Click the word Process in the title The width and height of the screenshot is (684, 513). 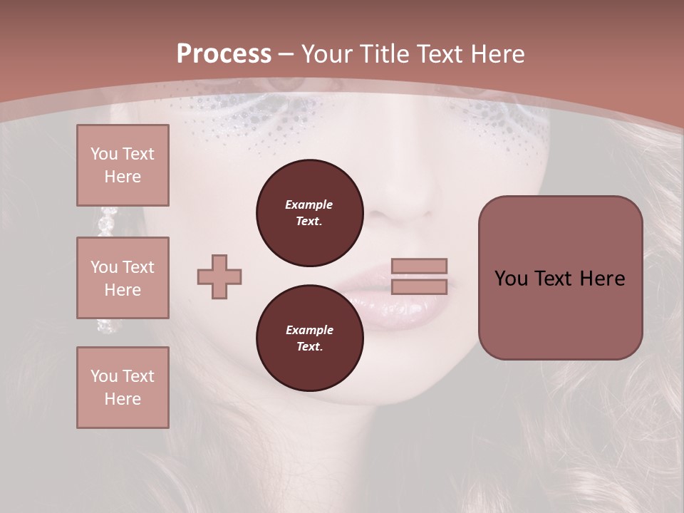(224, 54)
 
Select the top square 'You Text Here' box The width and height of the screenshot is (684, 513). (123, 165)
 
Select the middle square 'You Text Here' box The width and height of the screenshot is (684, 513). (123, 278)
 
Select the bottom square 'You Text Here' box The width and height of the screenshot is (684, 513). (123, 388)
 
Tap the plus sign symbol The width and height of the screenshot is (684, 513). (219, 276)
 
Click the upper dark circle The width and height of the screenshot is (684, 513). (309, 213)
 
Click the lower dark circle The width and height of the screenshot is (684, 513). (309, 338)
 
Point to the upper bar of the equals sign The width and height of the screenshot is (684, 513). (419, 266)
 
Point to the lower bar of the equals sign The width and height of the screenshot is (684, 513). (419, 286)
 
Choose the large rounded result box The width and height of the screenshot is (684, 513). (560, 278)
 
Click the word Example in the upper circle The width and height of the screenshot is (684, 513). (309, 204)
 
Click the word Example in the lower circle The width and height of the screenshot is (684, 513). (309, 330)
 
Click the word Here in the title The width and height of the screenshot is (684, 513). (498, 54)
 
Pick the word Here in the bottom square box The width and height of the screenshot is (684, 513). (123, 399)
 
